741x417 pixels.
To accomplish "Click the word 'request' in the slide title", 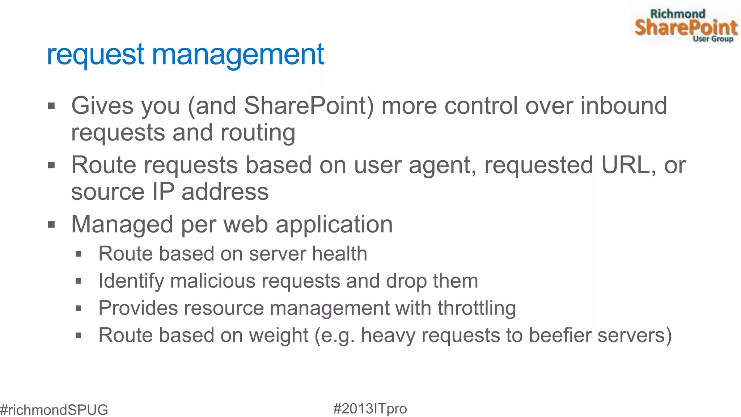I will click(x=96, y=55).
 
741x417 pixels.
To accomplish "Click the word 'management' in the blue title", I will click(x=238, y=55).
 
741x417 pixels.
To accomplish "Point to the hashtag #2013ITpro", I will click(x=370, y=409).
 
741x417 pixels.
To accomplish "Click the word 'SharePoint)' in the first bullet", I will click(x=309, y=106).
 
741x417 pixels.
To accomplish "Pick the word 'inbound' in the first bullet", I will click(x=624, y=106).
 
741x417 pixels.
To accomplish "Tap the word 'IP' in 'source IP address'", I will click(x=163, y=191).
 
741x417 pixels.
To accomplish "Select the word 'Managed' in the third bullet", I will click(x=122, y=224).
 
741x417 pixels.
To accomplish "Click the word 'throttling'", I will click(x=477, y=308).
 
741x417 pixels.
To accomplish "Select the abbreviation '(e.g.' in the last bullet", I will click(x=335, y=335).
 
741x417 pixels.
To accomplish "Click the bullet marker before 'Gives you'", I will click(x=51, y=106).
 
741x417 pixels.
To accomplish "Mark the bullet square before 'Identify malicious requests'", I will click(x=79, y=281).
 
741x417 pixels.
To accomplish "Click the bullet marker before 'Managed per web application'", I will click(x=51, y=225).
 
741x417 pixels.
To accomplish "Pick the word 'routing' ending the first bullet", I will click(x=258, y=132).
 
